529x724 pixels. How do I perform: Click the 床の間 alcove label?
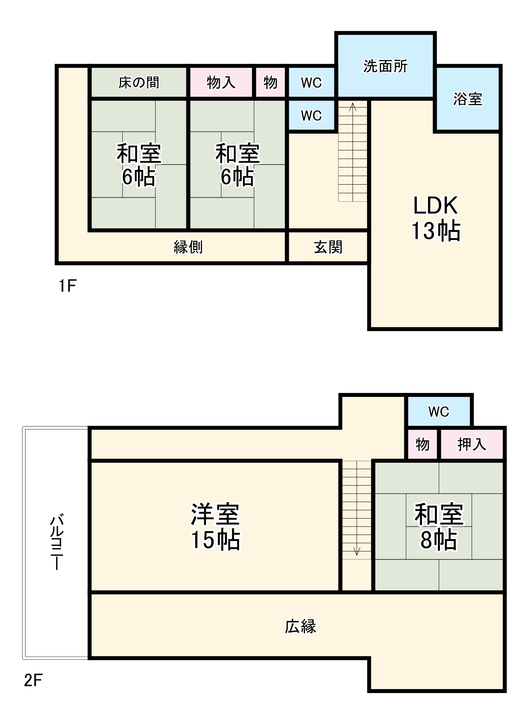click(139, 83)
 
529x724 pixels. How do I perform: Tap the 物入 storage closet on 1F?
click(221, 83)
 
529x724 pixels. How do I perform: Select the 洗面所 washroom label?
click(385, 66)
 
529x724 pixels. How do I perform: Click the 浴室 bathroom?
click(468, 99)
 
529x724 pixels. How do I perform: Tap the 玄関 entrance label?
click(328, 247)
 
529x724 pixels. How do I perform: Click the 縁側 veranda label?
click(188, 247)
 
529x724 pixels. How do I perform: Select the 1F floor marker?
click(67, 286)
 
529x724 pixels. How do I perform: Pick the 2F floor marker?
click(33, 680)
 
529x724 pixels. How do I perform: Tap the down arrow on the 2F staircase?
click(357, 551)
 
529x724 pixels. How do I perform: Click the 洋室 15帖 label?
click(215, 527)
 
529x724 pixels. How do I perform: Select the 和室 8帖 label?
click(439, 527)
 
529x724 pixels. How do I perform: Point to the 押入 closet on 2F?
click(472, 444)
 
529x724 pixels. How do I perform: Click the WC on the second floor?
click(439, 411)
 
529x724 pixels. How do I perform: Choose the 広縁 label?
click(300, 626)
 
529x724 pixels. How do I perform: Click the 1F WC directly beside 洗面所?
click(311, 83)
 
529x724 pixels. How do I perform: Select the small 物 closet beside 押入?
click(422, 444)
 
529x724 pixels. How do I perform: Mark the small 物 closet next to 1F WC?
click(270, 83)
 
